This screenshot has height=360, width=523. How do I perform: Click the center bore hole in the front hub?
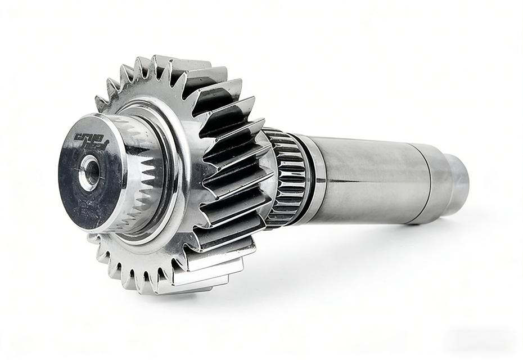click(x=89, y=171)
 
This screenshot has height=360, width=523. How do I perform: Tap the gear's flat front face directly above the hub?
click(x=141, y=93)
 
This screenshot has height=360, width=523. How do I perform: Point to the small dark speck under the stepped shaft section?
click(x=417, y=223)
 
